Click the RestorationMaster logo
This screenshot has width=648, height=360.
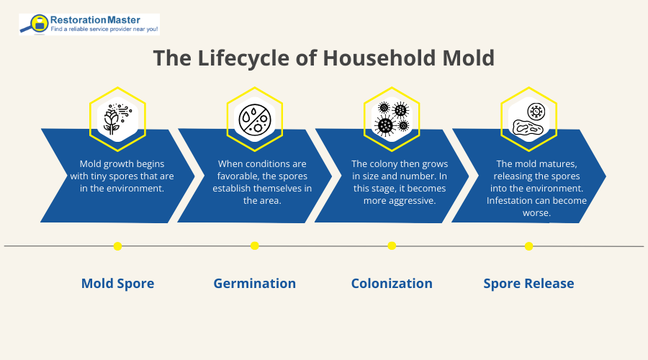click(89, 24)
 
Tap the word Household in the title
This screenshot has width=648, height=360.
click(373, 58)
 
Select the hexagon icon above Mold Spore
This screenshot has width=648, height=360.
click(117, 119)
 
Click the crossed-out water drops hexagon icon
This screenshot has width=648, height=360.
click(255, 119)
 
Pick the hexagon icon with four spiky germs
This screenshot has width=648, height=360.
click(392, 119)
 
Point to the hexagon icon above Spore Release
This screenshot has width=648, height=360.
click(529, 119)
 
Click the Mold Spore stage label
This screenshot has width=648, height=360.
click(117, 284)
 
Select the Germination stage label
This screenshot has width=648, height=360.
click(255, 284)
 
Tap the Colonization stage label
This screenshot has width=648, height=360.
click(392, 284)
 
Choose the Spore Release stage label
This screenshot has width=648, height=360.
click(529, 284)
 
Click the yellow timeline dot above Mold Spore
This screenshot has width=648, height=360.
click(117, 246)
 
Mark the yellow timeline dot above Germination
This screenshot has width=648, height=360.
click(255, 246)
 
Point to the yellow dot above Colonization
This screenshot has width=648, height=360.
click(392, 246)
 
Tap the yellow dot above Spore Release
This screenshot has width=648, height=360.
click(529, 246)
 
